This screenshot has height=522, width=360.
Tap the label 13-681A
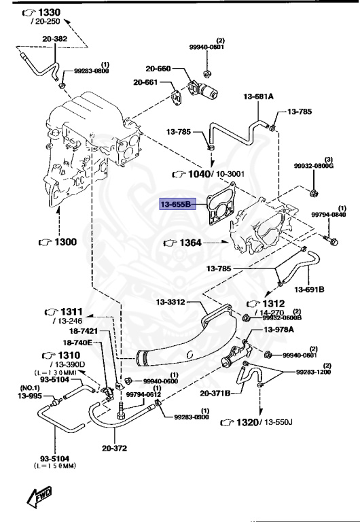258,97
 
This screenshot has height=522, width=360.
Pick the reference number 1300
60,241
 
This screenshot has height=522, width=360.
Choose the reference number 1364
192,242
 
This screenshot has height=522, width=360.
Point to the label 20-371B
215,393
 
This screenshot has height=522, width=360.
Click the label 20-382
55,39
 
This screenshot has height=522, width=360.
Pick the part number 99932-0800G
312,165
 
